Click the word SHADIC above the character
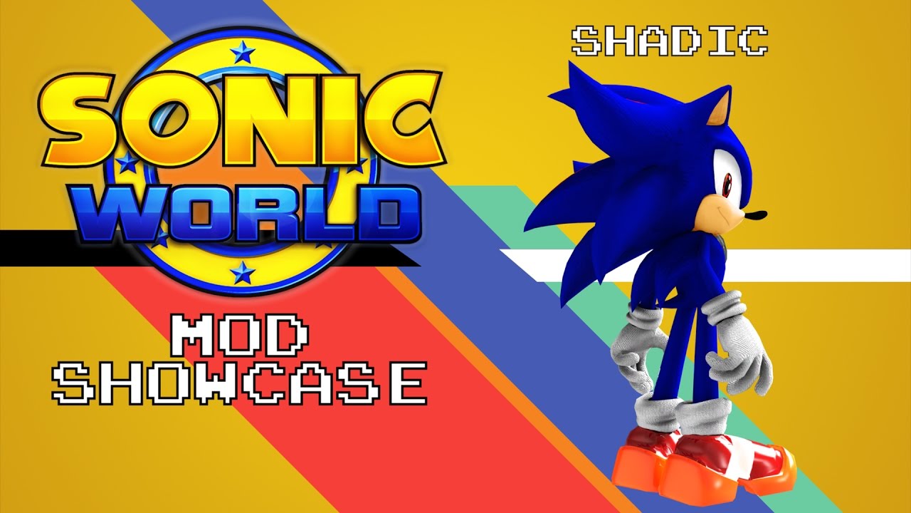pyautogui.click(x=670, y=41)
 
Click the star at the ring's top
pyautogui.click(x=243, y=51)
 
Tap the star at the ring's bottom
pyautogui.click(x=243, y=271)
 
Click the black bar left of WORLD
pyautogui.click(x=43, y=246)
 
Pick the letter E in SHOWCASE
pyautogui.click(x=409, y=384)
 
